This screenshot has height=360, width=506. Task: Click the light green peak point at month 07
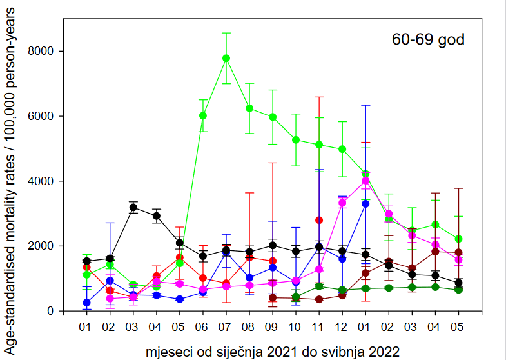pos(226,58)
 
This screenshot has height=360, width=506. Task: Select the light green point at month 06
pos(203,115)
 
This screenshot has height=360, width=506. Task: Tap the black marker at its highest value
pos(133,207)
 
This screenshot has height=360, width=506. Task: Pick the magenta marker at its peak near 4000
pos(365,181)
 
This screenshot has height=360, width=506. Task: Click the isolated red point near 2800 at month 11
pos(319,220)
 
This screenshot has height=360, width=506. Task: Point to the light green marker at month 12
pos(342,149)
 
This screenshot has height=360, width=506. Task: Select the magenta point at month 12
pos(342,203)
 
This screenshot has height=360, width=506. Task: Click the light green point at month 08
pos(249,108)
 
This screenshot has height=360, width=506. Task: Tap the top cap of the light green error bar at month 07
pos(226,33)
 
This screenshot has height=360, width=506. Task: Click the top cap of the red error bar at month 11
pos(319,97)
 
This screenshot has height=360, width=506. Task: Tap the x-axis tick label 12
pos(342,328)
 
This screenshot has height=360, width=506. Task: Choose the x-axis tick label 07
pos(226,328)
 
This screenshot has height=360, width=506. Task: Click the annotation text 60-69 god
pos(428,39)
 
